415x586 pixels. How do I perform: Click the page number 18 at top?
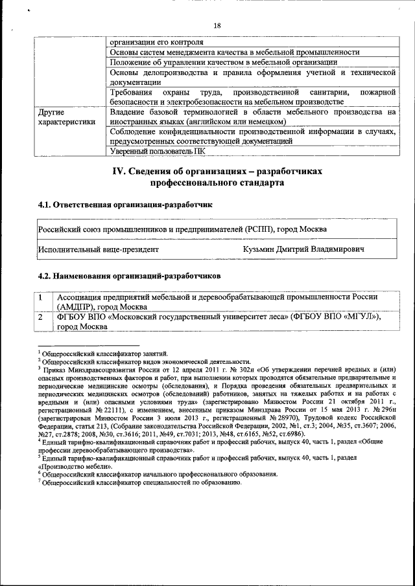(x=217, y=25)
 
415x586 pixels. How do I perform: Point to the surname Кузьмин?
(x=261, y=249)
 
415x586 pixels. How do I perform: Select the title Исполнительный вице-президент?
(x=98, y=249)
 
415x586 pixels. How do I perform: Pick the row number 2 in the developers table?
(x=41, y=317)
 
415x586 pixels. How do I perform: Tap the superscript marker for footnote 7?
(x=39, y=481)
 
